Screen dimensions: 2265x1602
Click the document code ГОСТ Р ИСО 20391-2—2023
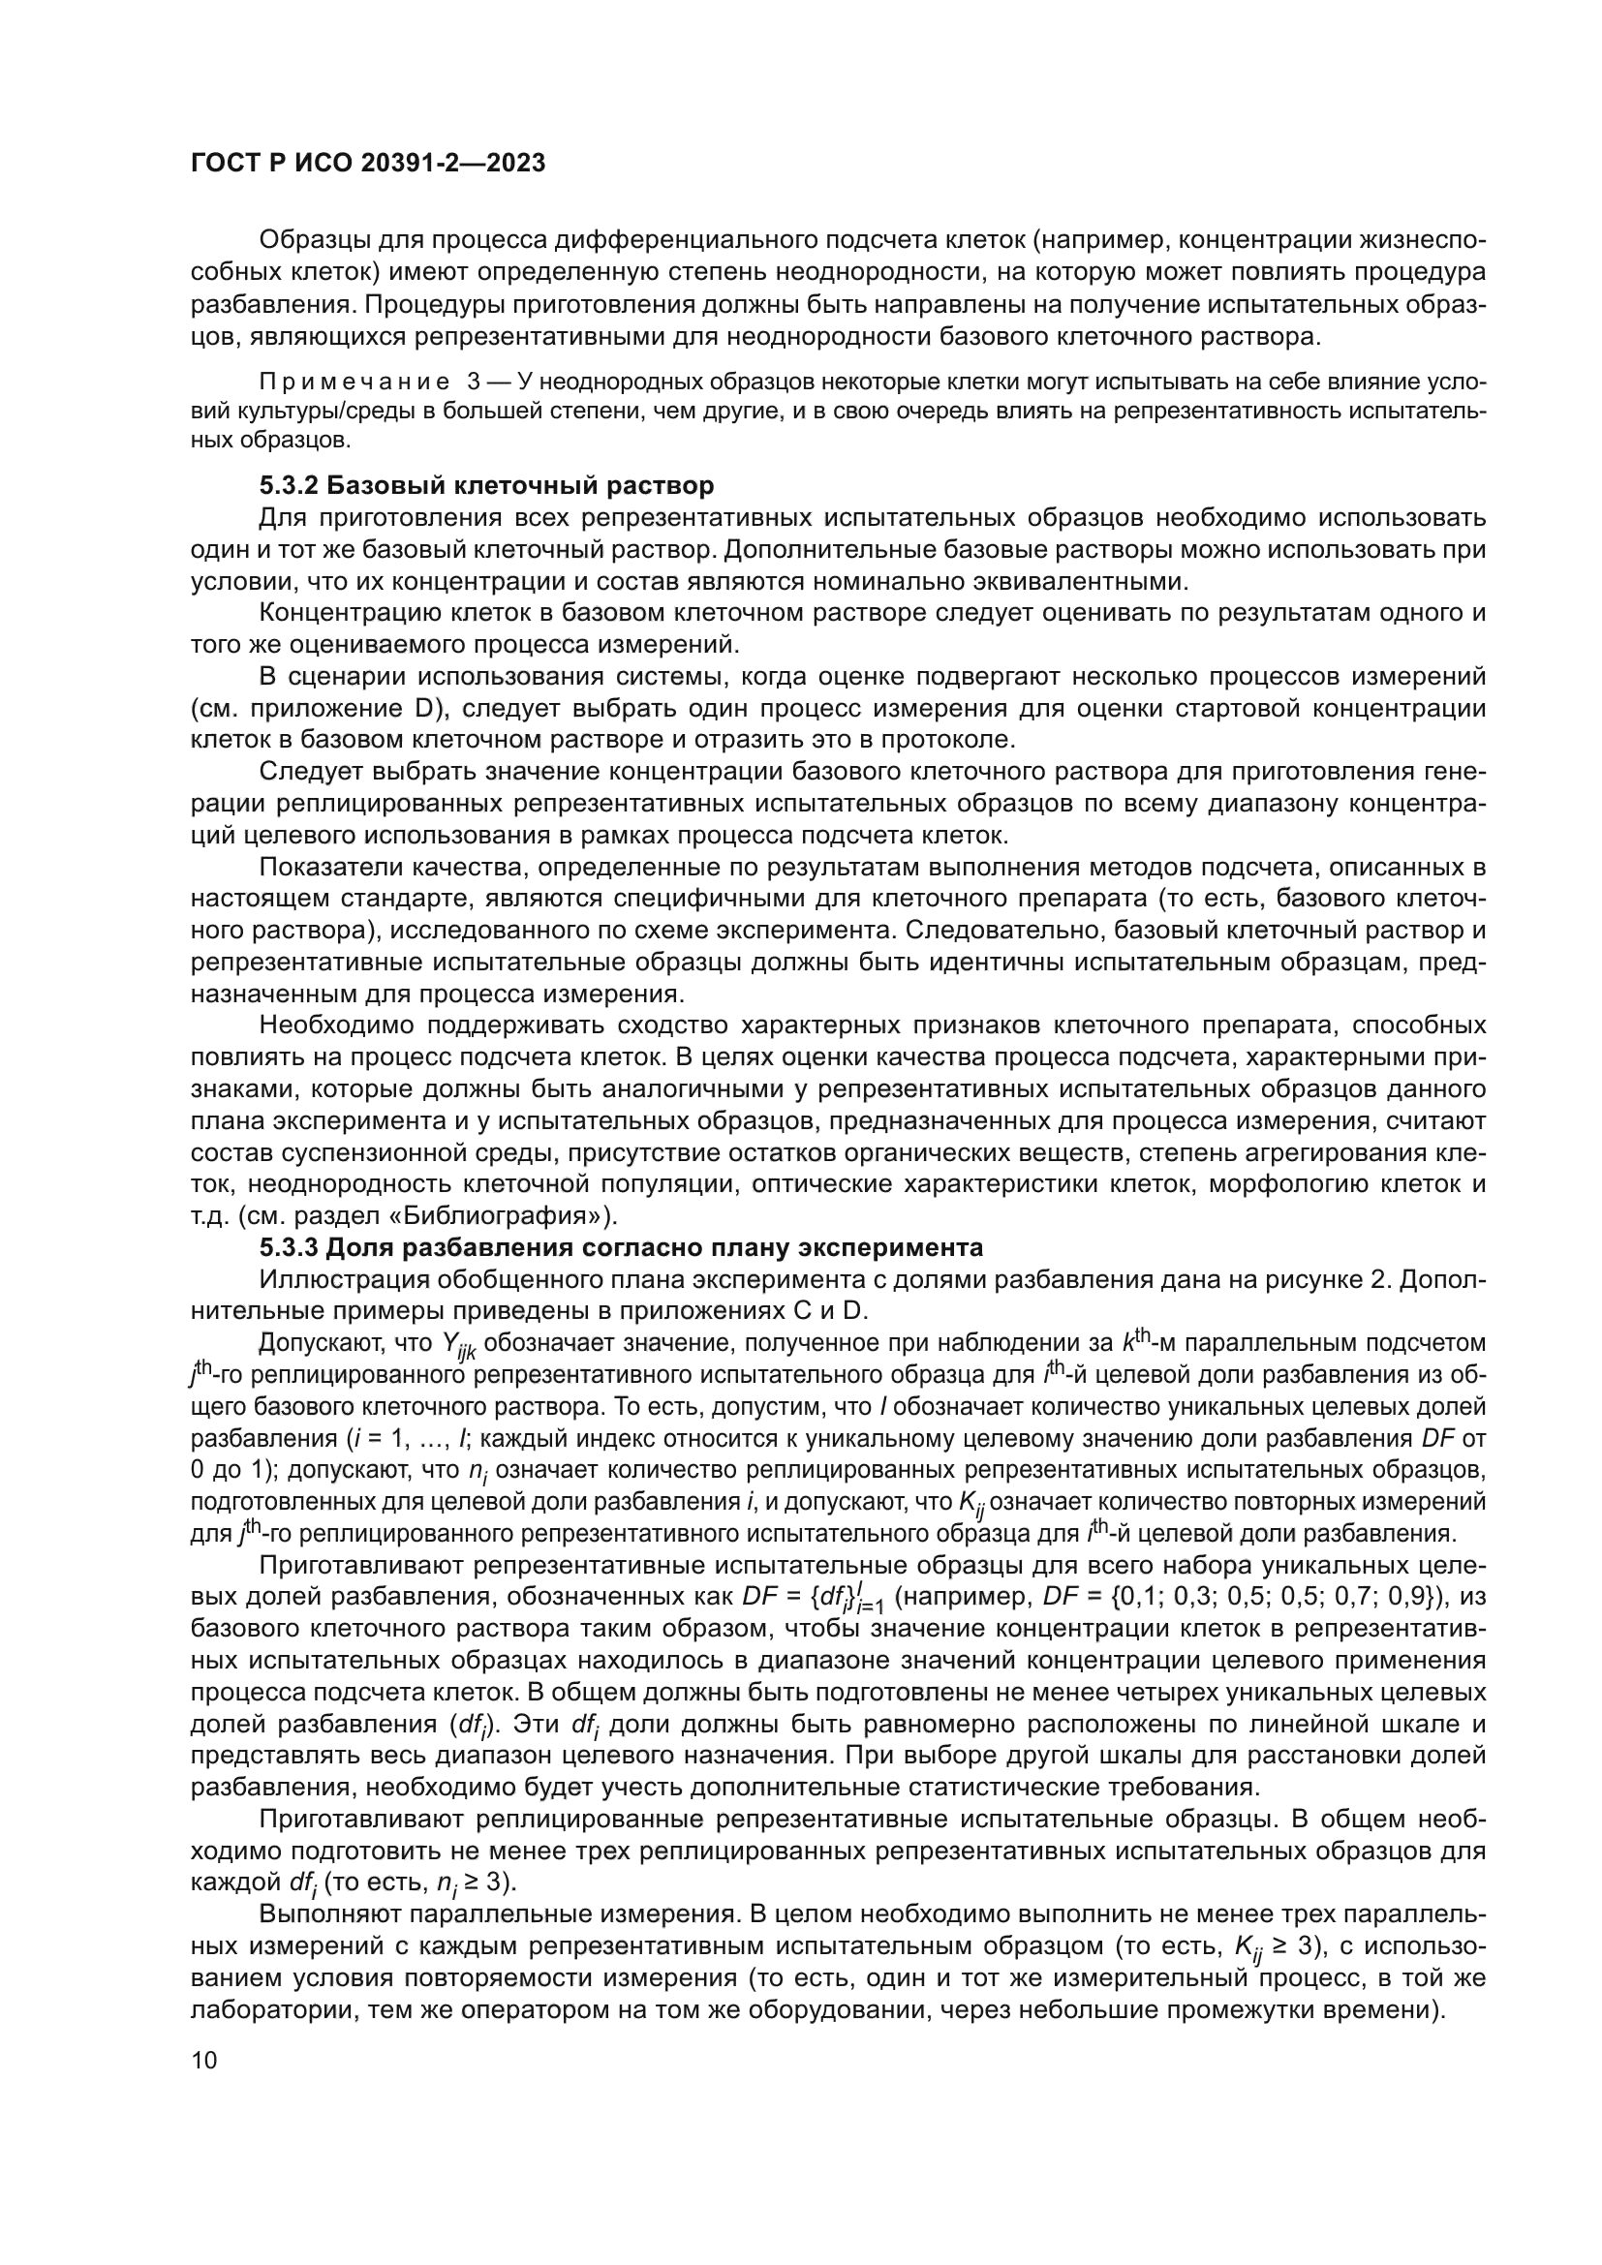point(367,164)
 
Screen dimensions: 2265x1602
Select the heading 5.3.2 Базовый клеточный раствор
point(486,485)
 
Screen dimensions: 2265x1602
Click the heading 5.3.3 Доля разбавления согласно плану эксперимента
point(622,1248)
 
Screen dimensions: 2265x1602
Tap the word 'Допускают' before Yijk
point(328,1344)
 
